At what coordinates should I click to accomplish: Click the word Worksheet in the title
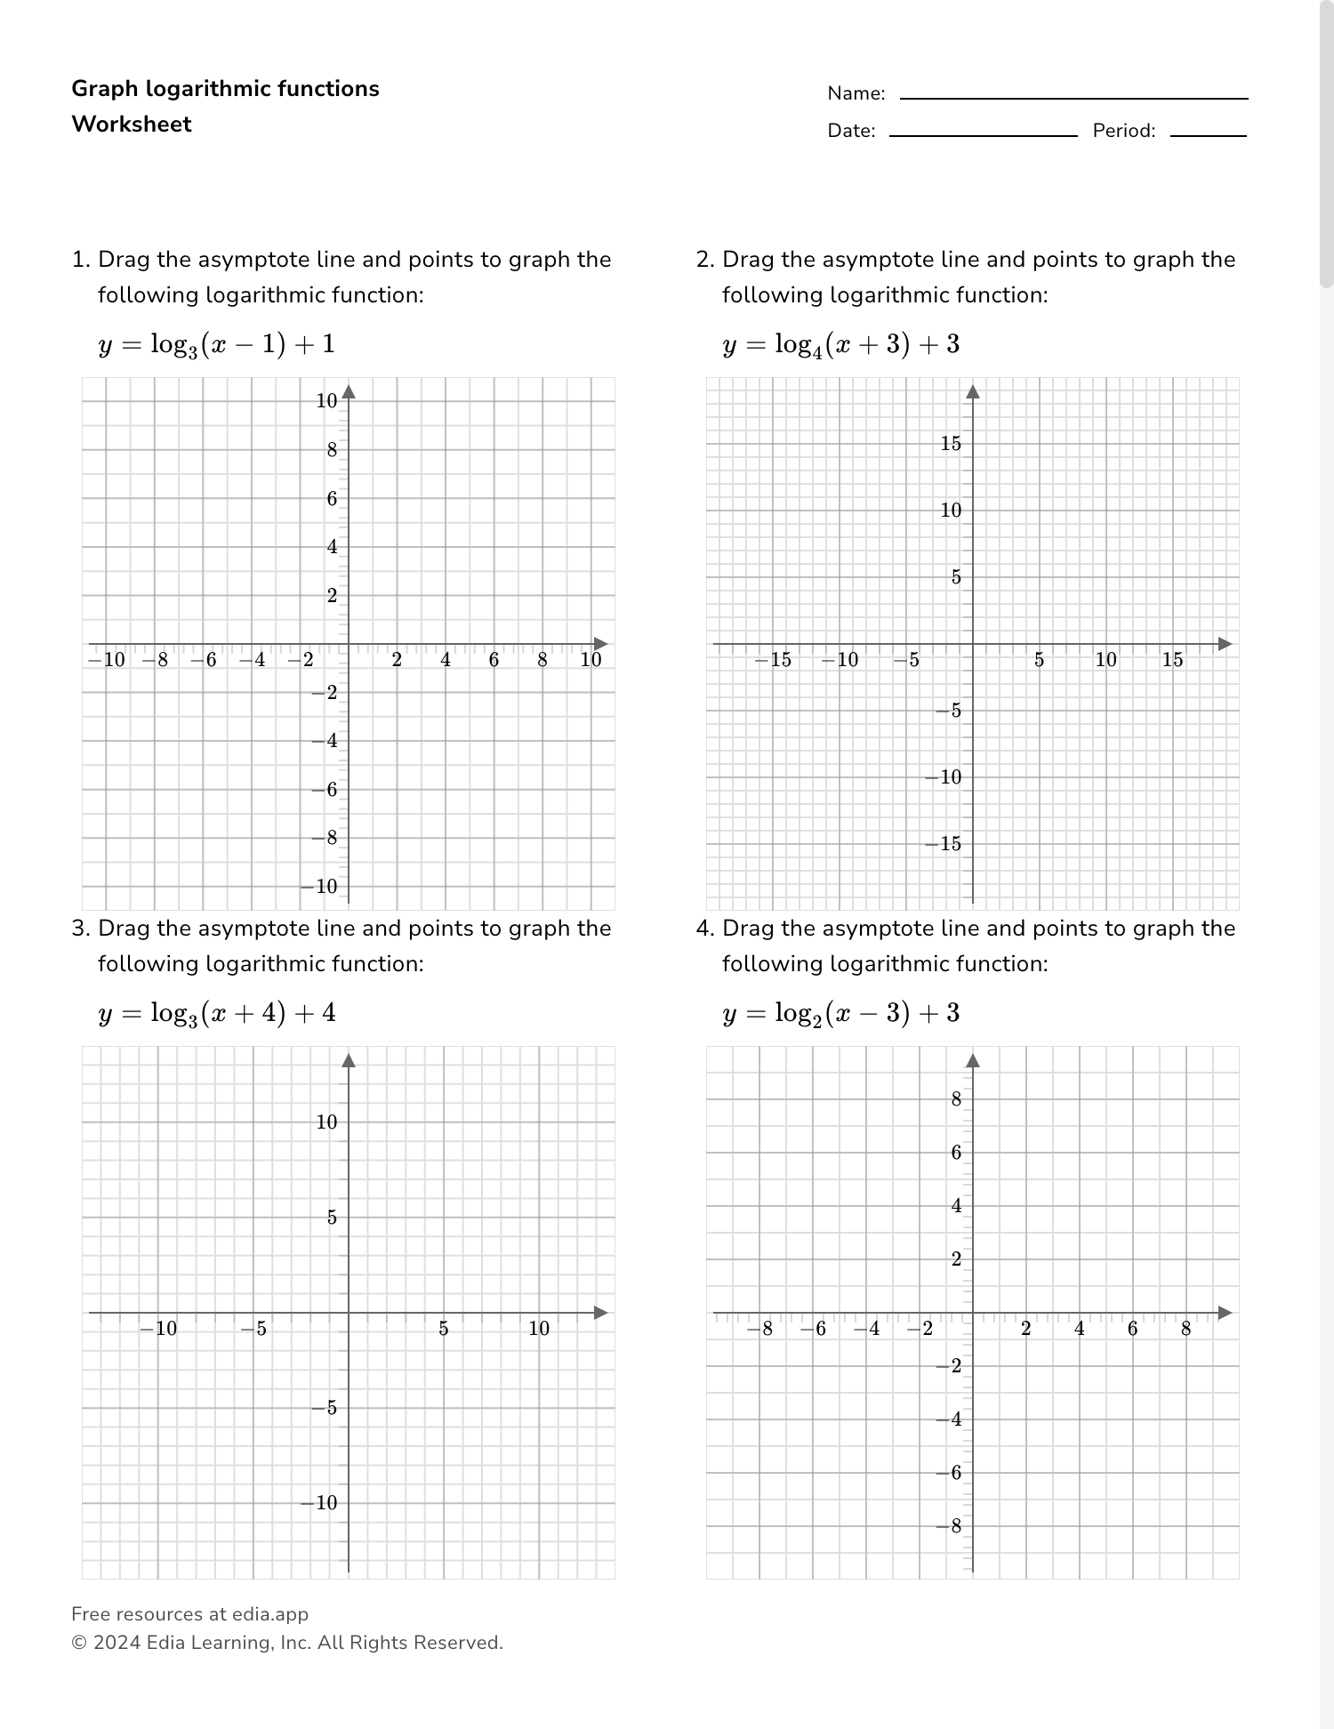tap(132, 125)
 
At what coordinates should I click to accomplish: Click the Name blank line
tap(1073, 98)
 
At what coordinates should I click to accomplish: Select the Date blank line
tap(983, 135)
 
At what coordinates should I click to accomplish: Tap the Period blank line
tap(1208, 135)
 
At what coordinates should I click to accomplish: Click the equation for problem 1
tap(217, 344)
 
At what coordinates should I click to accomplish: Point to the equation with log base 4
tap(840, 344)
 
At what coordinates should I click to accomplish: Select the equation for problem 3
tap(217, 1013)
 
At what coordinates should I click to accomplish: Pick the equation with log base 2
tap(840, 1013)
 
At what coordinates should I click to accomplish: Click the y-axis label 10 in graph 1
tap(327, 401)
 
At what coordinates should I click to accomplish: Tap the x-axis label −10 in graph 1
tap(106, 660)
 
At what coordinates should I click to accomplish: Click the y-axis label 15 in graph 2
tap(951, 444)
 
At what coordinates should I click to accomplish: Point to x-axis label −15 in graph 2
tap(773, 660)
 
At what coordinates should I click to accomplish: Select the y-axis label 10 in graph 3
tap(327, 1122)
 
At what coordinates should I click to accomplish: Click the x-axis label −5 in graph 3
tap(253, 1329)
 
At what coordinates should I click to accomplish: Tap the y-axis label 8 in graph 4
tap(956, 1099)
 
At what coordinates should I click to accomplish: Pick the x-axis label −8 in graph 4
tap(759, 1329)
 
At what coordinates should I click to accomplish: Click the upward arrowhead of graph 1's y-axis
tap(349, 392)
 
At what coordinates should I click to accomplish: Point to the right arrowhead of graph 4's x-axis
tap(1226, 1313)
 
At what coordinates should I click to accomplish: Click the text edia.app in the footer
tap(270, 1614)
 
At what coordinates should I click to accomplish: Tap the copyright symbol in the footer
tap(78, 1643)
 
